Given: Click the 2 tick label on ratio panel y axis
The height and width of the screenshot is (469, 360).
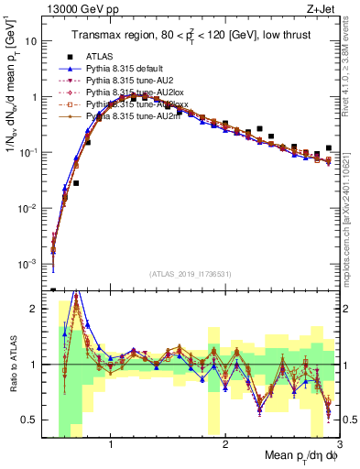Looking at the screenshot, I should click(34, 309).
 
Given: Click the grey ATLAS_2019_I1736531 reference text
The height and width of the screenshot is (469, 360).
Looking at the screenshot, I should click(191, 275).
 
